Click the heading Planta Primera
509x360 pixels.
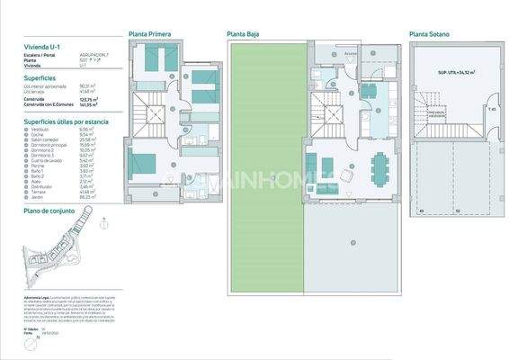(149, 34)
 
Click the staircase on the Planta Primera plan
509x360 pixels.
(153, 116)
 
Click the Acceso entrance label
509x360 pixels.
(352, 53)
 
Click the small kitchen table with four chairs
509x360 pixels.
(369, 90)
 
